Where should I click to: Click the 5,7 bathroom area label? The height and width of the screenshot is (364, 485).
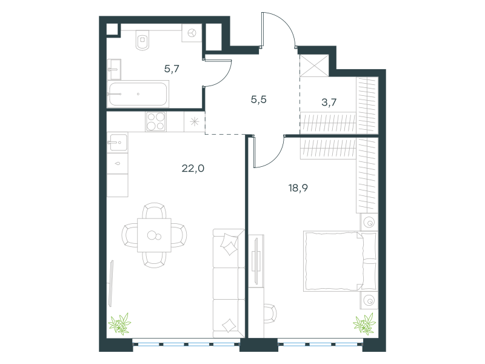pos(172,69)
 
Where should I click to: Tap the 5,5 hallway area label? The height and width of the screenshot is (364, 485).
pos(259,99)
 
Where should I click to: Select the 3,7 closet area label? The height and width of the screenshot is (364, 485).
pos(329,102)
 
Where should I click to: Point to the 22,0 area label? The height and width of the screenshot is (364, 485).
pos(193,169)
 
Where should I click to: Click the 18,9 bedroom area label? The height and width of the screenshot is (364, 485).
pos(298,188)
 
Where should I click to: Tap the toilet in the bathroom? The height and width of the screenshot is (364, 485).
pos(142,40)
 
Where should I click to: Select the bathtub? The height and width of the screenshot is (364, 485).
pos(138,94)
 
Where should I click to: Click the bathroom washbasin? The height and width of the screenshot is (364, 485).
pos(114,70)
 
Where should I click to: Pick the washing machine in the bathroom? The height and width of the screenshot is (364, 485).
pos(192,33)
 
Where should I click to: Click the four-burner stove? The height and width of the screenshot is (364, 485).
pos(156,122)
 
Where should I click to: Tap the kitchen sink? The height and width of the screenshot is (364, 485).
pos(118,143)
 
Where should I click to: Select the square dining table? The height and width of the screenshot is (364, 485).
pos(155,235)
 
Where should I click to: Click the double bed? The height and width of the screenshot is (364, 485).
pos(340,261)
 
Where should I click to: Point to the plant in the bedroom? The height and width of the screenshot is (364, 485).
pos(364,324)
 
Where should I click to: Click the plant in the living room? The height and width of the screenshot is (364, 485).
pos(119,324)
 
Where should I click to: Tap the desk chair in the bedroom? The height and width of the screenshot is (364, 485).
pos(270,314)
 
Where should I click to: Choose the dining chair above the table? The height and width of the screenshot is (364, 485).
pos(155,211)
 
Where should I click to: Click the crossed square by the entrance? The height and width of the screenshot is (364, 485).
pos(314,66)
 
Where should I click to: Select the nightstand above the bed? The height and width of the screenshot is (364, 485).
pos(369,222)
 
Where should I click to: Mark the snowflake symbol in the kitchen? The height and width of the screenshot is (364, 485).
pos(195,122)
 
